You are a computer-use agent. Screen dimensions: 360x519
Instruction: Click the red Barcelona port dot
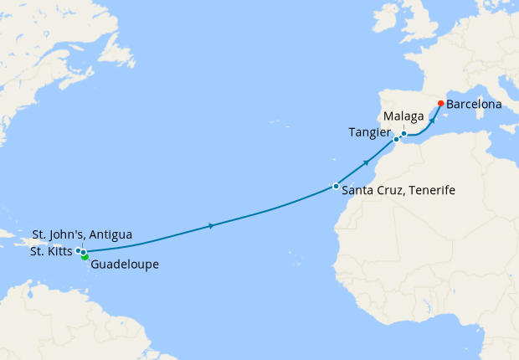coord(440,105)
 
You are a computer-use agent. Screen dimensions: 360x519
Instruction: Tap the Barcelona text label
coord(474,105)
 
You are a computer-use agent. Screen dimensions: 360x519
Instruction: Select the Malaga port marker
coord(403,133)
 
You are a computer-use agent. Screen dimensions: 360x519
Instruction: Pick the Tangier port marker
coord(395,140)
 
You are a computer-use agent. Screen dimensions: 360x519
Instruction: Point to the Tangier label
coord(368,132)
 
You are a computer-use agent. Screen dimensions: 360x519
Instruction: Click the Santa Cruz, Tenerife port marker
coord(336,186)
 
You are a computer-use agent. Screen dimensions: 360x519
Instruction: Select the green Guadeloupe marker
coord(85,257)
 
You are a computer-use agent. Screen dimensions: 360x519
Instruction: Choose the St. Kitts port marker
coord(78,250)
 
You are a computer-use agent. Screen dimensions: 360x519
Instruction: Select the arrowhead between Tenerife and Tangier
coord(367,162)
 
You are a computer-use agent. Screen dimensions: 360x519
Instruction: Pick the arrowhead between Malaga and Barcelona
coord(433,120)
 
